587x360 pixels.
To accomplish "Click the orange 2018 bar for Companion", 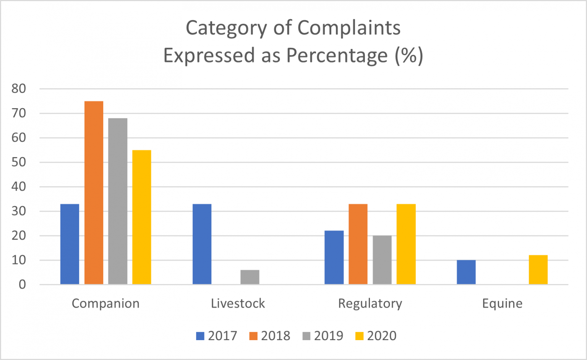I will click(94, 193).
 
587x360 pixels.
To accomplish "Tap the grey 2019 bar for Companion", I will click(118, 201).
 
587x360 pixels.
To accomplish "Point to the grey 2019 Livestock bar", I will click(250, 277).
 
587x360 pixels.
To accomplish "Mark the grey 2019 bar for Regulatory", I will click(382, 260).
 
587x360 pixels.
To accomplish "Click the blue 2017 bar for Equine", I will click(466, 272).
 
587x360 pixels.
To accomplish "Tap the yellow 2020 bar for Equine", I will click(538, 269).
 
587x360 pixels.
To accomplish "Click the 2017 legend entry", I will click(217, 336).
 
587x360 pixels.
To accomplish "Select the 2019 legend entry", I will click(323, 336).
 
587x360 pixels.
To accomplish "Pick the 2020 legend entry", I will click(376, 336).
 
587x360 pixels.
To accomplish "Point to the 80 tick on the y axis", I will click(19, 89).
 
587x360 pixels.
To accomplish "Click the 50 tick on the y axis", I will click(19, 162).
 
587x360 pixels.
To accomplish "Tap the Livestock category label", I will click(238, 303).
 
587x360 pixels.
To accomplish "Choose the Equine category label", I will click(502, 303).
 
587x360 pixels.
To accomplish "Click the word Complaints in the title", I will click(349, 28).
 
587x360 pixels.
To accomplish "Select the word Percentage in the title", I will click(337, 56).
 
